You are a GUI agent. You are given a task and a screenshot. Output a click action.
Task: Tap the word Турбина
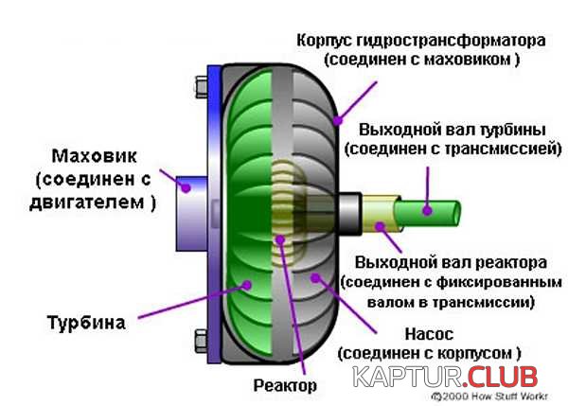point(86,323)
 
